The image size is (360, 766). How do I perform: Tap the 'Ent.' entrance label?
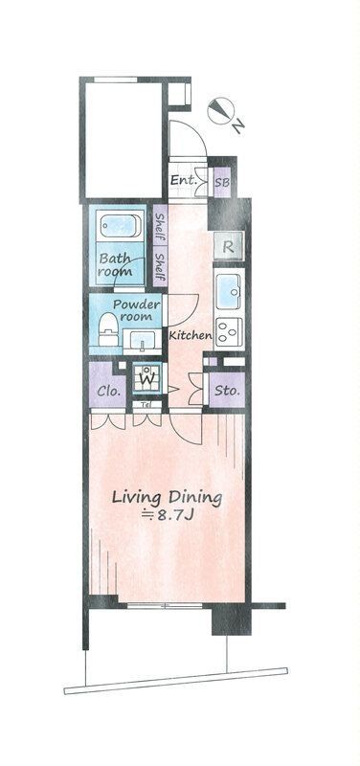tap(183, 180)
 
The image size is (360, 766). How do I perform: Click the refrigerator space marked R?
tap(229, 245)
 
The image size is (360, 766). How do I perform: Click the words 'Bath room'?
tap(117, 264)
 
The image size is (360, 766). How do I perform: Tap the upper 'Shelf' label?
tap(160, 230)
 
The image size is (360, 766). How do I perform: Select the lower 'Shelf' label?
tap(160, 265)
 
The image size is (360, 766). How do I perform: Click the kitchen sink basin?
tap(229, 290)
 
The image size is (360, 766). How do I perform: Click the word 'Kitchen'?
tap(191, 336)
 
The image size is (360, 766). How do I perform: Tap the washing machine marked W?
tap(146, 379)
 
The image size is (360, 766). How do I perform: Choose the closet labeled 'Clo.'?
tap(107, 390)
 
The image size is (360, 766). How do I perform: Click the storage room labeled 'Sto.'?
tap(226, 390)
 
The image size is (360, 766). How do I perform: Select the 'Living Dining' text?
tap(168, 497)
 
